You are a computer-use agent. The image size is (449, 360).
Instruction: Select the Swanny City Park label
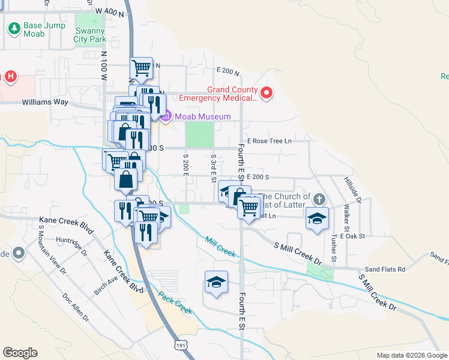point(90,35)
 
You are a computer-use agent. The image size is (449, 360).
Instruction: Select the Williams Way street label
point(45,103)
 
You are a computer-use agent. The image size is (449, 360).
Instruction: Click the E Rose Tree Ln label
point(268,141)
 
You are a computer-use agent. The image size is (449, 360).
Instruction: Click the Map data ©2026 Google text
point(411,355)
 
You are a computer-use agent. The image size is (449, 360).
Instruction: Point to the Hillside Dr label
point(351,191)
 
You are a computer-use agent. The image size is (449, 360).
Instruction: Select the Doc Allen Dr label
point(76,307)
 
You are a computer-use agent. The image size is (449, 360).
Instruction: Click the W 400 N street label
point(108,11)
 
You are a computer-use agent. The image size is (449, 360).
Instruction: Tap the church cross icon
point(319,199)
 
